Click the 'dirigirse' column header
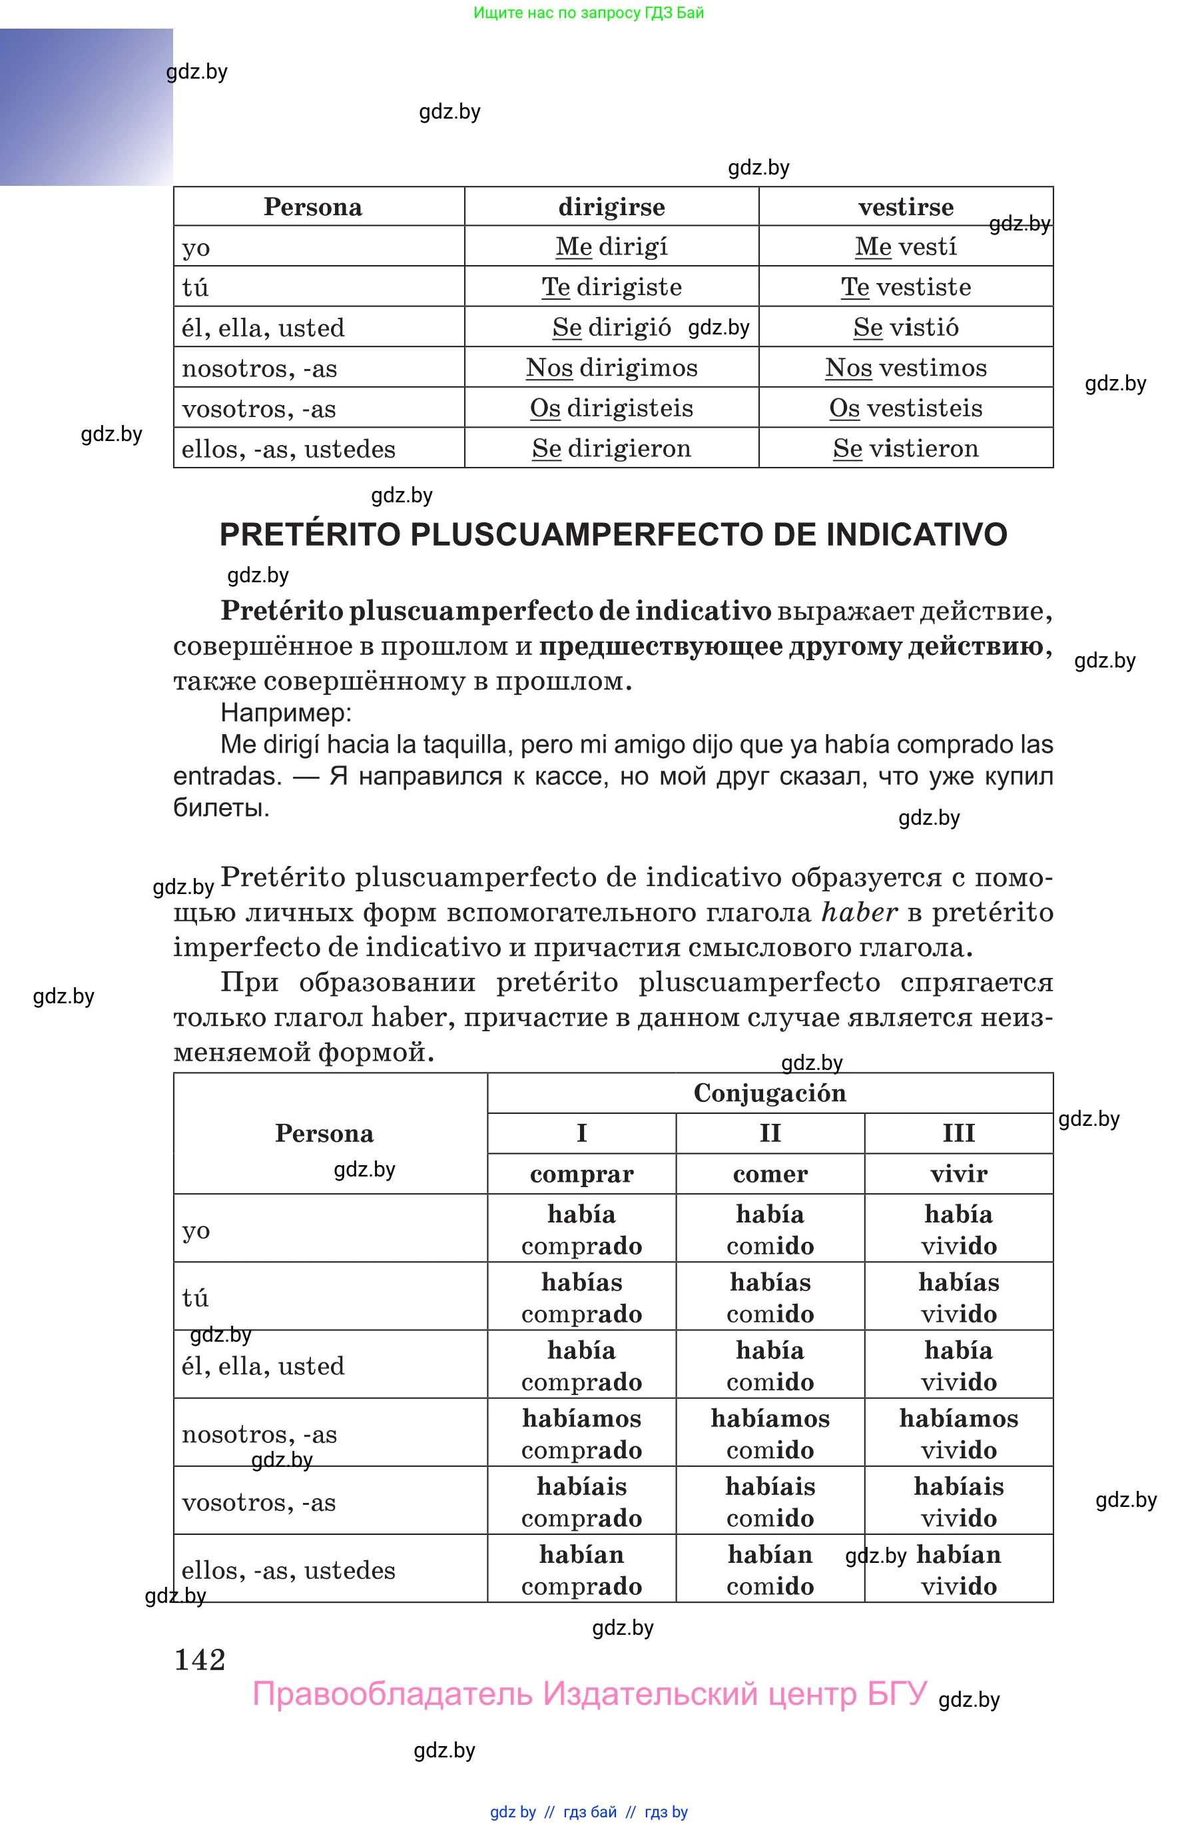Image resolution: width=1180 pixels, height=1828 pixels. click(x=611, y=207)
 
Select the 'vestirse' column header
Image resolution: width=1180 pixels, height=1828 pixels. click(x=905, y=207)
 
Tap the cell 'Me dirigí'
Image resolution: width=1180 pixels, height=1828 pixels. click(x=611, y=246)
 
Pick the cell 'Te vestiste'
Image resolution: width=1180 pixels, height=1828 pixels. click(x=905, y=287)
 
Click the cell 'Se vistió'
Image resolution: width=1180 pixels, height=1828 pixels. click(x=905, y=328)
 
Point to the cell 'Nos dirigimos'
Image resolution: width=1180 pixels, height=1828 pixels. click(x=611, y=368)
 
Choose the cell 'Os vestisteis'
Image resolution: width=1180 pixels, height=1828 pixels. click(x=905, y=408)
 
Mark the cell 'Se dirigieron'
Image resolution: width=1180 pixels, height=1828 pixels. click(x=611, y=448)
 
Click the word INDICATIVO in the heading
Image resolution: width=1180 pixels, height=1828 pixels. click(x=916, y=535)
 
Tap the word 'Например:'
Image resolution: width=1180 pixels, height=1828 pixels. click(x=286, y=713)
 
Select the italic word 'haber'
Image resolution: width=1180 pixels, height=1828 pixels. click(x=858, y=913)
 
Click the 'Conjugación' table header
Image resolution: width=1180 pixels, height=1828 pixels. click(x=769, y=1093)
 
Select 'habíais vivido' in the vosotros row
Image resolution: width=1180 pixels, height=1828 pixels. click(x=958, y=1502)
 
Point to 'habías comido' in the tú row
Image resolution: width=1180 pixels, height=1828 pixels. click(x=769, y=1298)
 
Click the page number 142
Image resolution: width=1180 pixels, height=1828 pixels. click(x=200, y=1660)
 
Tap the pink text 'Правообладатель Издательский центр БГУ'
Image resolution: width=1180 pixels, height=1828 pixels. click(x=589, y=1694)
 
